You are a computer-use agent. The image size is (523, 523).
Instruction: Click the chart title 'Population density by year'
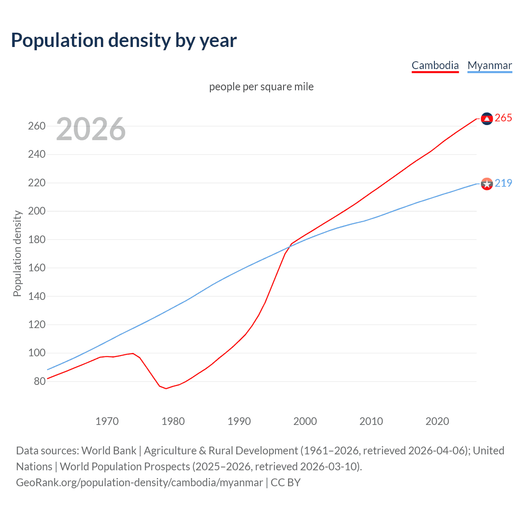124,40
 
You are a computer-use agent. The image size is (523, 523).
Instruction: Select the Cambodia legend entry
435,65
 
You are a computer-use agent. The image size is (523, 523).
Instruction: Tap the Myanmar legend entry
489,65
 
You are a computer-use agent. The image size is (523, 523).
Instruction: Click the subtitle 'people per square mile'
261,87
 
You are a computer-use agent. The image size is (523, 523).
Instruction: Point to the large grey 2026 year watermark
91,129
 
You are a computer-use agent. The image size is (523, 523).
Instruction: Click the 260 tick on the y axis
37,126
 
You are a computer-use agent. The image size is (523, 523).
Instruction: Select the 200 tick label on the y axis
37,211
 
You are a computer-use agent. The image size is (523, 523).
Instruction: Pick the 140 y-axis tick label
37,296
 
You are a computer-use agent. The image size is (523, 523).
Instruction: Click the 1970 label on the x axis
107,421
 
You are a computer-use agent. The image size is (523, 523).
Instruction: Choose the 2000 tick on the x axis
305,421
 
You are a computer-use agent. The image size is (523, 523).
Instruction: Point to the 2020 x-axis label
437,421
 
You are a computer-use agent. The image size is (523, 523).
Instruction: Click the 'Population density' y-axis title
17,253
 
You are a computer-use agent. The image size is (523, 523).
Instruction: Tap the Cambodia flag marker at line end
487,118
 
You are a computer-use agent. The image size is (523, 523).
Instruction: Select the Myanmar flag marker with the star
487,184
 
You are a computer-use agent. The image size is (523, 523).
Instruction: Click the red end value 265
503,118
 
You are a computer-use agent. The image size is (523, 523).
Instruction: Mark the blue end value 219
503,183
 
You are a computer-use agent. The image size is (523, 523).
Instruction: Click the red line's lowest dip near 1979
166,388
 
